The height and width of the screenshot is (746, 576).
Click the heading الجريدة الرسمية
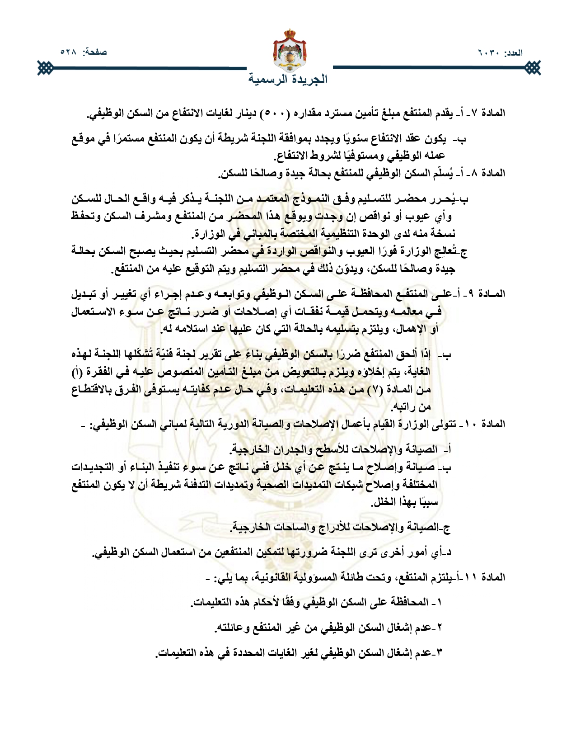pos(288,79)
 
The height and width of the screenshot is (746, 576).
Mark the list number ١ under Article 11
pos(440,603)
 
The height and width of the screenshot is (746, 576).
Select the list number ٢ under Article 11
pos(440,628)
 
